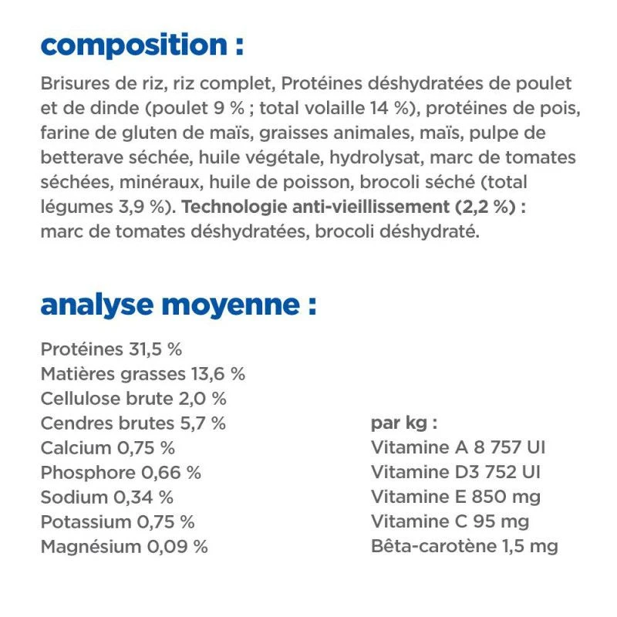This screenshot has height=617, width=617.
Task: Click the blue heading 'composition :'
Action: pyautogui.click(x=142, y=45)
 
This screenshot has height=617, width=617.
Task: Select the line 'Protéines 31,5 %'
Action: pyautogui.click(x=111, y=349)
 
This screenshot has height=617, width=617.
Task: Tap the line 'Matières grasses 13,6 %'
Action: pyautogui.click(x=143, y=374)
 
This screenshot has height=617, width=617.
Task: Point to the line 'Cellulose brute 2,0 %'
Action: pyautogui.click(x=133, y=399)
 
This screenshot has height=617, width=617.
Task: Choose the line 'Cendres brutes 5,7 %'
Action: pyautogui.click(x=133, y=423)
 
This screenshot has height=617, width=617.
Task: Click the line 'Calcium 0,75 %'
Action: pyautogui.click(x=107, y=448)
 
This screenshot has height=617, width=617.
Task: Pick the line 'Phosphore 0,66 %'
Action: pyautogui.click(x=120, y=473)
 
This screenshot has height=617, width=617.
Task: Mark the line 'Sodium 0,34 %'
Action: pyautogui.click(x=106, y=497)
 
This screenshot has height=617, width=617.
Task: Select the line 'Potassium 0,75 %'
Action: pyautogui.click(x=117, y=522)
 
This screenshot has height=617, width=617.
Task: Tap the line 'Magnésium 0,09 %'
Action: pyautogui.click(x=124, y=547)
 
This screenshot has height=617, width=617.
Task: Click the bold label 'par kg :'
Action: pyautogui.click(x=404, y=423)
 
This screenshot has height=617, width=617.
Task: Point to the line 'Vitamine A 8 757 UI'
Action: pyautogui.click(x=458, y=448)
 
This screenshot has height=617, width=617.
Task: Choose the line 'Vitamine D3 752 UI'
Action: pyautogui.click(x=455, y=473)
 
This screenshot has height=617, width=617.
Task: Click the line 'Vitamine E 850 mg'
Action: pyautogui.click(x=456, y=497)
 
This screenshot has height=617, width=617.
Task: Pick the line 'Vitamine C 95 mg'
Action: pyautogui.click(x=450, y=522)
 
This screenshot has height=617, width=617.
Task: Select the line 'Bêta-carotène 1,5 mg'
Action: pyautogui.click(x=464, y=547)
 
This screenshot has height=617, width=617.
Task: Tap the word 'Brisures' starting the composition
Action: pyautogui.click(x=72, y=83)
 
